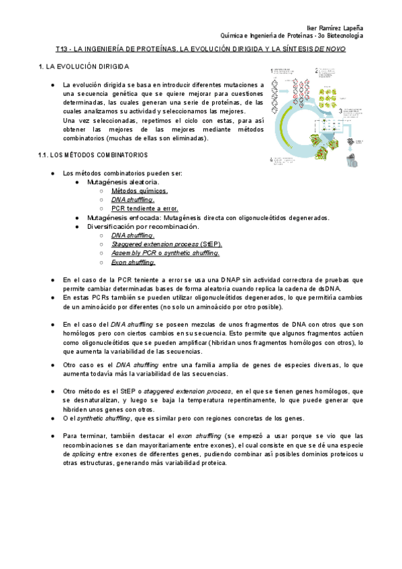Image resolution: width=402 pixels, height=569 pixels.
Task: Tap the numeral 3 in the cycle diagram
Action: (341, 111)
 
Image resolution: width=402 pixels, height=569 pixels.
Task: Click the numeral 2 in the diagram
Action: (316, 70)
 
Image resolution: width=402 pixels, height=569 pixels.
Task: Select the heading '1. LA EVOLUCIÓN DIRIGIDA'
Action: (89, 67)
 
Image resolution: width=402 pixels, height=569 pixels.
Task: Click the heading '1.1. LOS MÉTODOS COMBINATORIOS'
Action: (93, 155)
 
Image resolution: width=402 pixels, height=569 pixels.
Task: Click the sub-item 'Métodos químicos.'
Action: (140, 191)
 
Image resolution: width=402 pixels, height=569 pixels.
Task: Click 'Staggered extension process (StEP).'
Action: (167, 244)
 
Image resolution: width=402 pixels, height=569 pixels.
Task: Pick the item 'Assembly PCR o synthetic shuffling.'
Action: (166, 253)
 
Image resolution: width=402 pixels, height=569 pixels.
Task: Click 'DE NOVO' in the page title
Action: (330, 50)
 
